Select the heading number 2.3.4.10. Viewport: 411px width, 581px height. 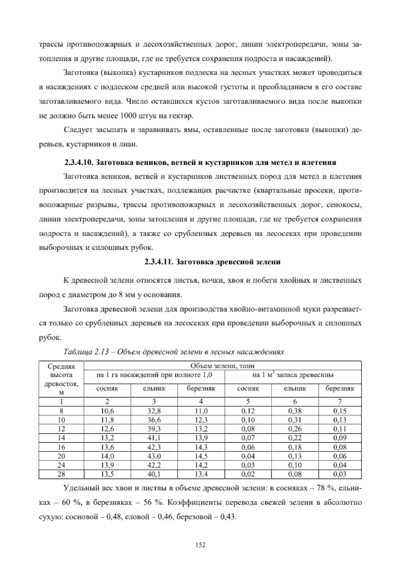79,162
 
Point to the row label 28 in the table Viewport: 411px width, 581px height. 61,474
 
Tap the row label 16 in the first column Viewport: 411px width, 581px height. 61,447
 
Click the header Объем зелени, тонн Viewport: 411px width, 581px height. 223,366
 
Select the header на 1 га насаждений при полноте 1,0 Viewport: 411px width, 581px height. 154,375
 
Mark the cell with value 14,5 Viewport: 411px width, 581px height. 201,456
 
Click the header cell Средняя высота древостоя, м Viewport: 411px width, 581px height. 61,380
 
